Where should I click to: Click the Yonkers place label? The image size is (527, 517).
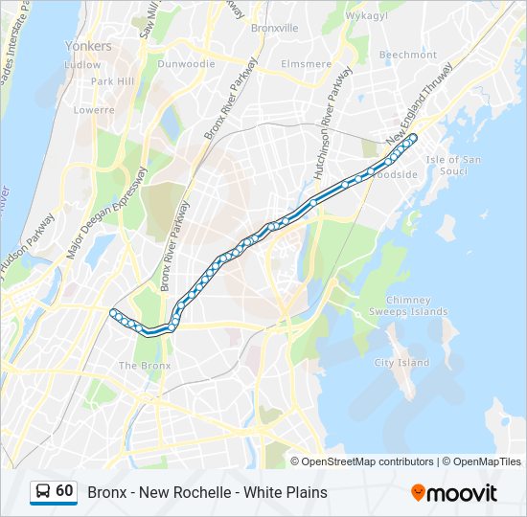88,46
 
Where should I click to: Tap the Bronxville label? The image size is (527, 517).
275,29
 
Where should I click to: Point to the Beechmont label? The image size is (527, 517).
407,55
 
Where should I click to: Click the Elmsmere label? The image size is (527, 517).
306,64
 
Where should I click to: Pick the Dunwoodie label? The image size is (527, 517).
186,64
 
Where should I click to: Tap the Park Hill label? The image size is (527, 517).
112,81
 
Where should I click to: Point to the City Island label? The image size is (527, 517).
401,363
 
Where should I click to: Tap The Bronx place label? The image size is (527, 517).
144,366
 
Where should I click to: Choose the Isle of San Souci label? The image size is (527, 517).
453,165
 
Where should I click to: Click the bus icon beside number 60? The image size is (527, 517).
43,492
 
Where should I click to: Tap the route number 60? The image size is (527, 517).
64,491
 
